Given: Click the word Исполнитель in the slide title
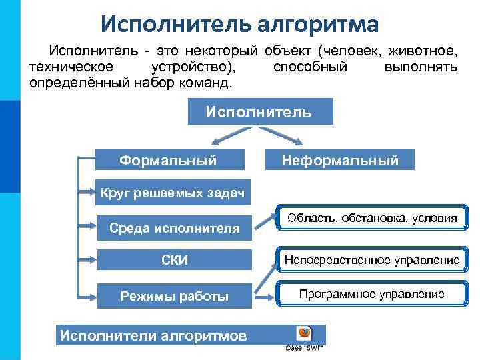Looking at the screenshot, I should tap(175, 24).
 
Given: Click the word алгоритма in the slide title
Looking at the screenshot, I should tap(315, 24).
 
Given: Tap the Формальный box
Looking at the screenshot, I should tap(168, 160).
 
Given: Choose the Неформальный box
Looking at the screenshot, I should tap(340, 160).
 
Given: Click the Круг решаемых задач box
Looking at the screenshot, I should tap(173, 193).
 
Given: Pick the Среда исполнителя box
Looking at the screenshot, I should tap(175, 228).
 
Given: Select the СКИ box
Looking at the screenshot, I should tap(175, 260).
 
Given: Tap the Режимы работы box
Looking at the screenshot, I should tap(175, 296).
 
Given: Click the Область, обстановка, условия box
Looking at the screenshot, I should tap(372, 218).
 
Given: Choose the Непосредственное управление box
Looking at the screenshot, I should tap(372, 259).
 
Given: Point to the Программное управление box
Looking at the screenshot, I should tap(372, 294).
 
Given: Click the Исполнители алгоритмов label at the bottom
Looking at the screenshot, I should tap(153, 335).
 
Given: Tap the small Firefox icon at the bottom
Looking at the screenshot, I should tap(305, 333).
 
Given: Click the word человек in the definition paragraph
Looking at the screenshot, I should tap(353, 50).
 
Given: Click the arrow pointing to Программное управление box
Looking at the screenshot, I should tap(265, 294).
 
